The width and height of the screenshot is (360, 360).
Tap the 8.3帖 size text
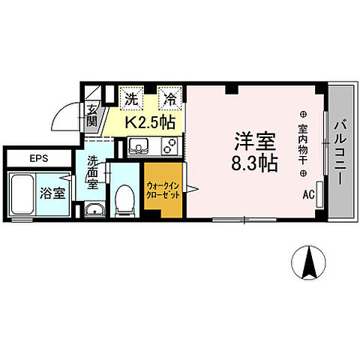(253, 163)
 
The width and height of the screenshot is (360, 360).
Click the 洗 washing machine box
(131, 97)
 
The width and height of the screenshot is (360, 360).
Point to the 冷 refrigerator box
(171, 97)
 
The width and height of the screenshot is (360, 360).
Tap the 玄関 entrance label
(92, 115)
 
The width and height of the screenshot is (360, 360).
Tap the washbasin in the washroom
(94, 210)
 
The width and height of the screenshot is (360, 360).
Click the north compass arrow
(307, 262)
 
